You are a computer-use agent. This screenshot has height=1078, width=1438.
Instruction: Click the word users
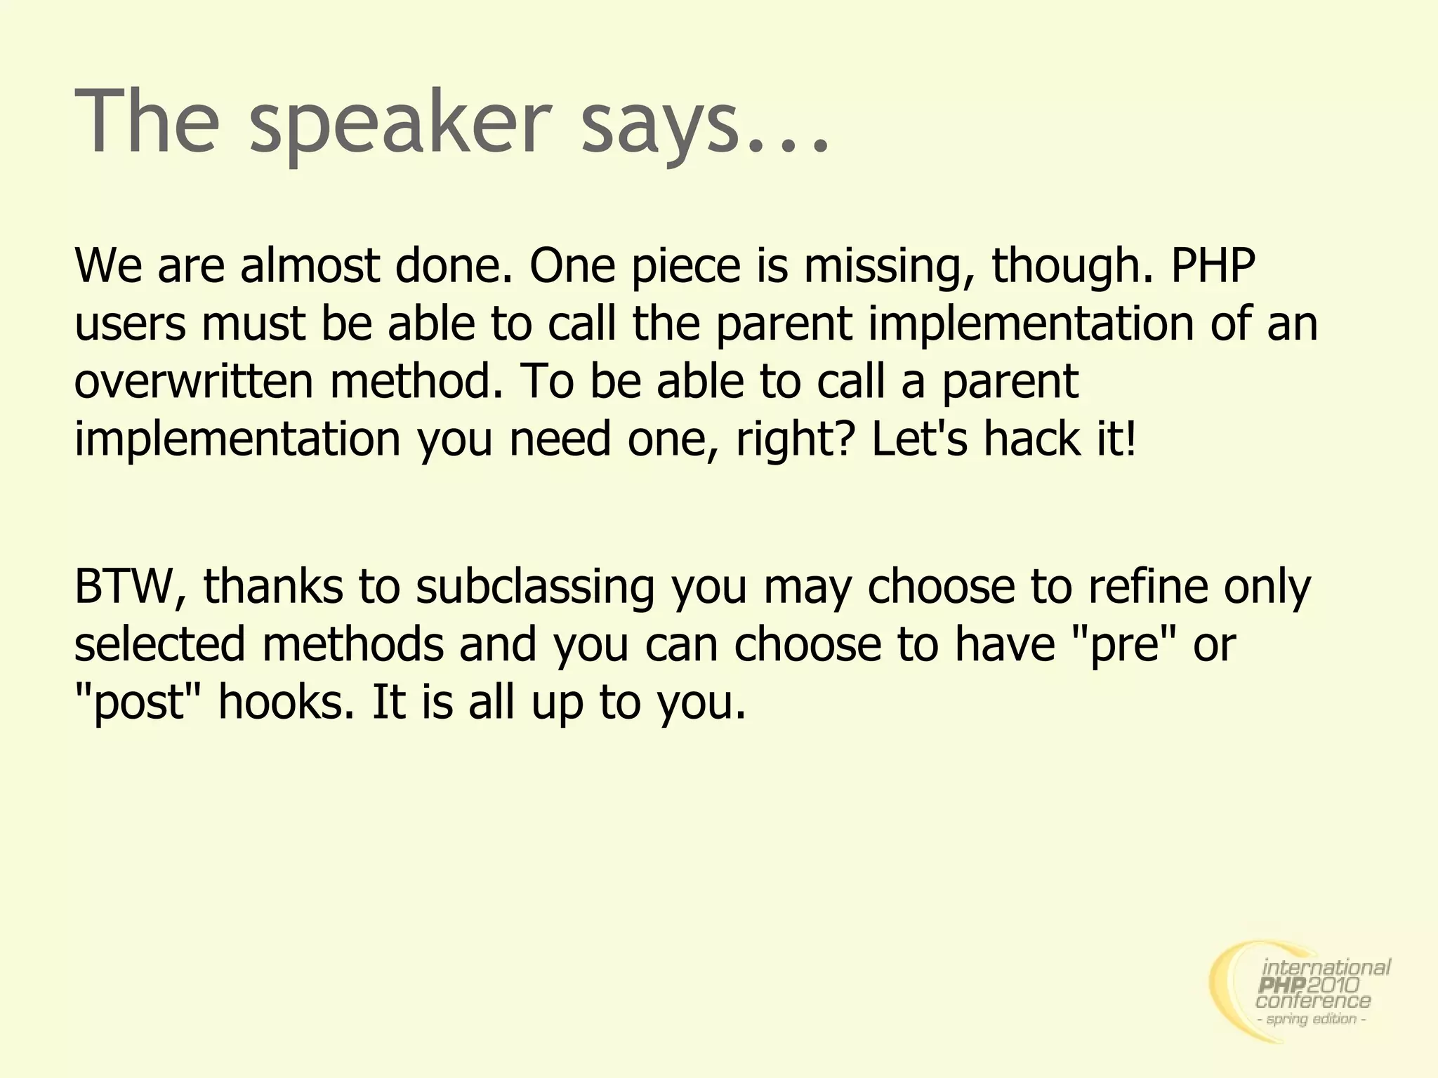[x=131, y=324]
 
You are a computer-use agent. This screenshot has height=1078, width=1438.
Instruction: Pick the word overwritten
[x=194, y=382]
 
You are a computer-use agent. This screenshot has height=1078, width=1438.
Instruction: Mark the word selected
[x=160, y=644]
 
